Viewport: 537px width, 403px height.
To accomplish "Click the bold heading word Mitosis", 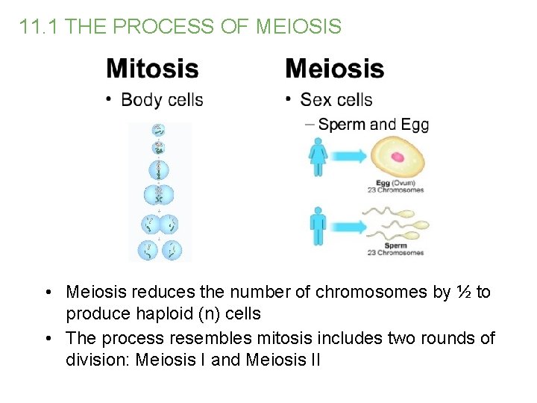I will point(152,69).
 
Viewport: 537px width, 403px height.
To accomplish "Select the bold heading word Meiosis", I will point(335,69).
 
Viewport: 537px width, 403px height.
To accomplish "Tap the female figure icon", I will point(318,158).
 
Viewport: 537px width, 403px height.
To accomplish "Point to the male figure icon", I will point(318,226).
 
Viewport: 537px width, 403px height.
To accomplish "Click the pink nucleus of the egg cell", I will point(397,157).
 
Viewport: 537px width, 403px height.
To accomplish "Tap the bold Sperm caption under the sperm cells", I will point(395,245).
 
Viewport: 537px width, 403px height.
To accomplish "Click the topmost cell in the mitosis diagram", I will point(158,128).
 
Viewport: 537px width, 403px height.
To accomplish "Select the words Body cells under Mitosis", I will point(162,99).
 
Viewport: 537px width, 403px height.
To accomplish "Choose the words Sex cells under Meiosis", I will point(336,99).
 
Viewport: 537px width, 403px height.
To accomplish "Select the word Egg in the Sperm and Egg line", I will point(415,124).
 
